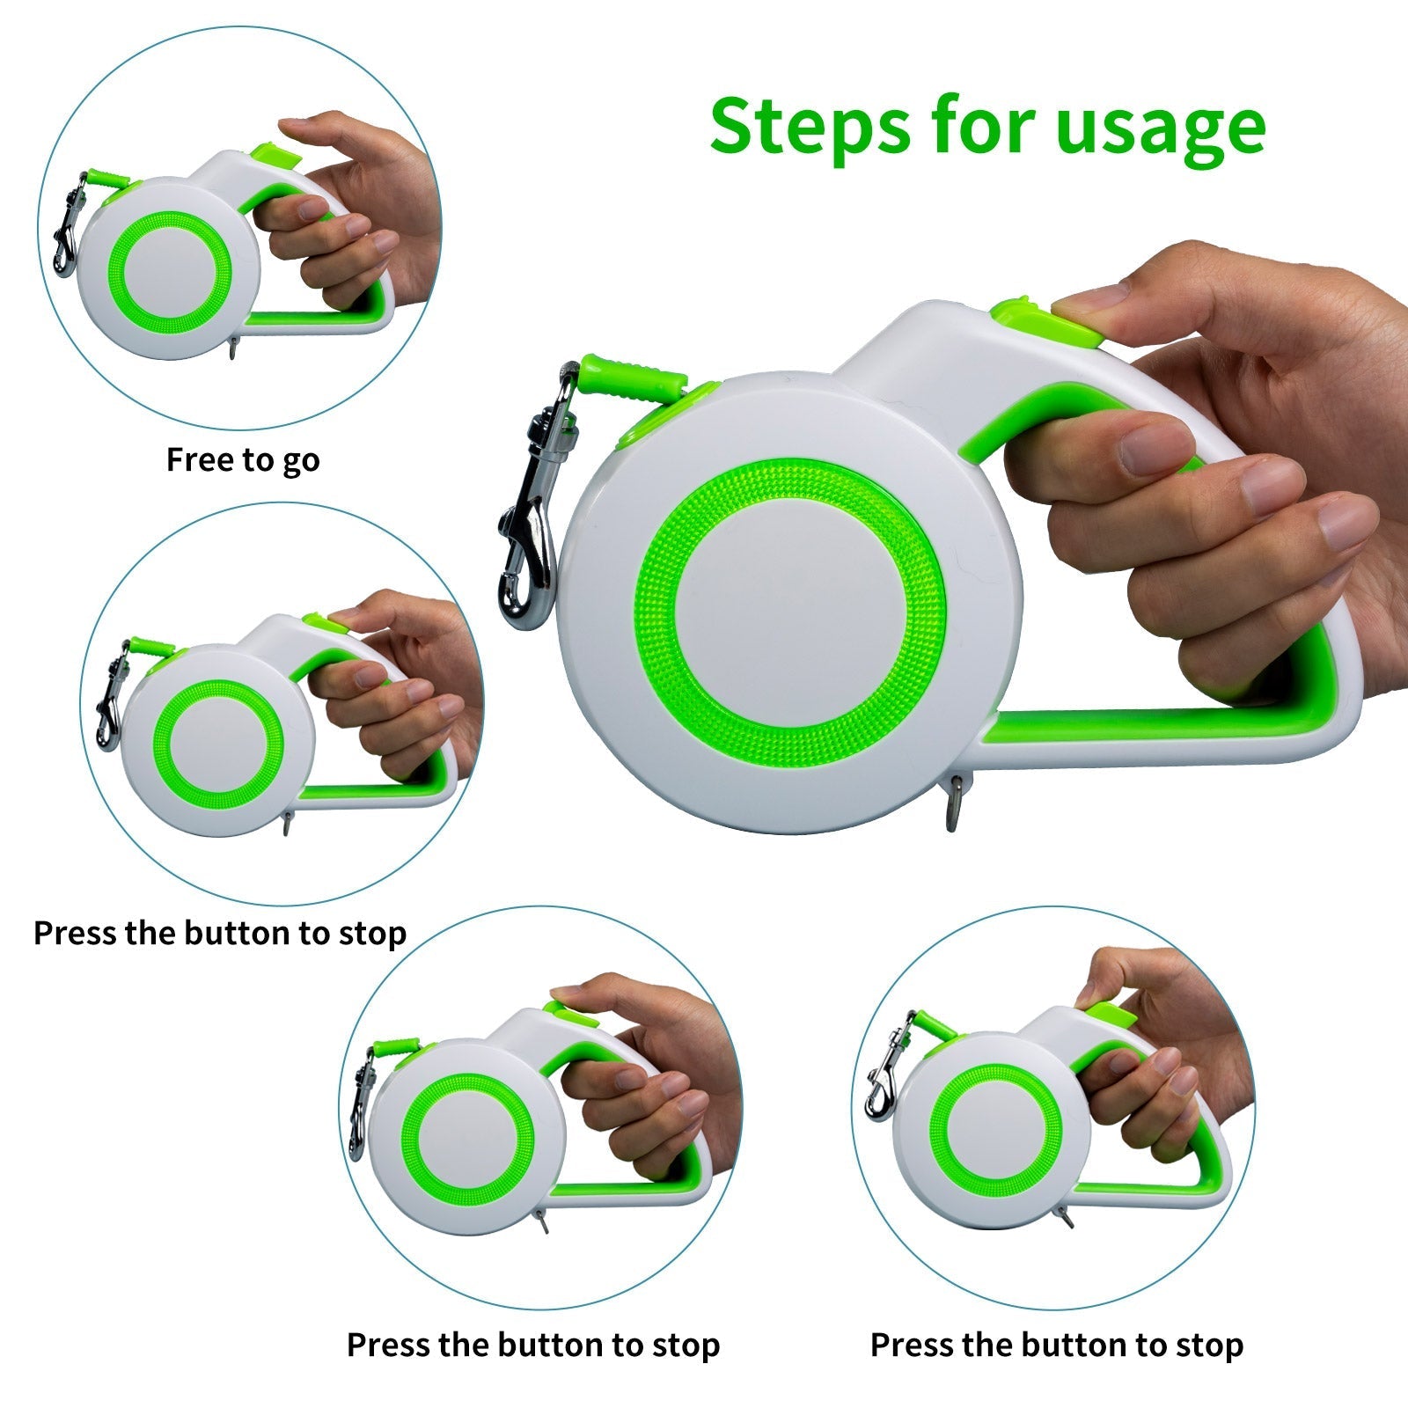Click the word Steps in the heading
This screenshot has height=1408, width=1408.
pyautogui.click(x=808, y=127)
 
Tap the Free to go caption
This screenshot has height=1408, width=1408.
pyautogui.click(x=243, y=459)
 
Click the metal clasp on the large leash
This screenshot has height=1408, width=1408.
pyautogui.click(x=528, y=528)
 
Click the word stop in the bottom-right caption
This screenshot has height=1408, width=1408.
pyautogui.click(x=1212, y=1345)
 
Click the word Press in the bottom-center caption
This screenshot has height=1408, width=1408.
pyautogui.click(x=388, y=1345)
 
